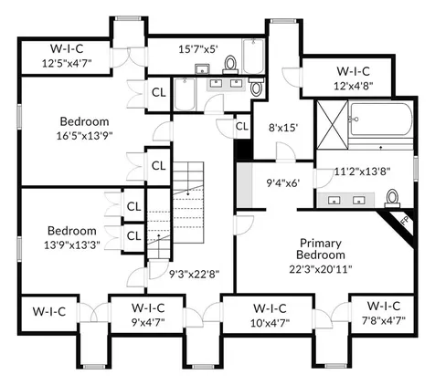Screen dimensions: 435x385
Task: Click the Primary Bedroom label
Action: (321, 249)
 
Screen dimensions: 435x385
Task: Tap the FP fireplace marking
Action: (405, 221)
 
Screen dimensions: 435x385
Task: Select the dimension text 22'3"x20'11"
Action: (321, 269)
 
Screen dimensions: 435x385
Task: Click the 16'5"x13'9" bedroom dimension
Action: (84, 135)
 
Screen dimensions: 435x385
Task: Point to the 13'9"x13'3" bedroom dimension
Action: (72, 245)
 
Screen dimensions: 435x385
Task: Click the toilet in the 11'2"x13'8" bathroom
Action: (392, 198)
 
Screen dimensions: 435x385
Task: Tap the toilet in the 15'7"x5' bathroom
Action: (230, 65)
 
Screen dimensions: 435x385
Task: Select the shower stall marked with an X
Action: (332, 125)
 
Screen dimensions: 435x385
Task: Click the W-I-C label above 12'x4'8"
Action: (353, 71)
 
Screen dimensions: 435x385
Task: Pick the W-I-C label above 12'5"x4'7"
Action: (67, 48)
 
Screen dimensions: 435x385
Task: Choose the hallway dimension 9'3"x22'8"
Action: (195, 275)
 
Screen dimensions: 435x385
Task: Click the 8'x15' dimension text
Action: (282, 128)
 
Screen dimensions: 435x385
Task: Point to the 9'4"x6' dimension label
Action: (283, 182)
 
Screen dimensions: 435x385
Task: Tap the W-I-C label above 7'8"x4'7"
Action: (384, 306)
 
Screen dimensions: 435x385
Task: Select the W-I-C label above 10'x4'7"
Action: (270, 308)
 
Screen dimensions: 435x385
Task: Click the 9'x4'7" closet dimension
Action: (148, 322)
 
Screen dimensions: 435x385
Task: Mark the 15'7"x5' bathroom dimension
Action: (198, 49)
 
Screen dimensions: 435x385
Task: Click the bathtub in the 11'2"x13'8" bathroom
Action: (380, 120)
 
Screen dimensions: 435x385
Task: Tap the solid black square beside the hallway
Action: (243, 149)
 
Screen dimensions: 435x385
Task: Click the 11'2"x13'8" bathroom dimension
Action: (363, 172)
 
